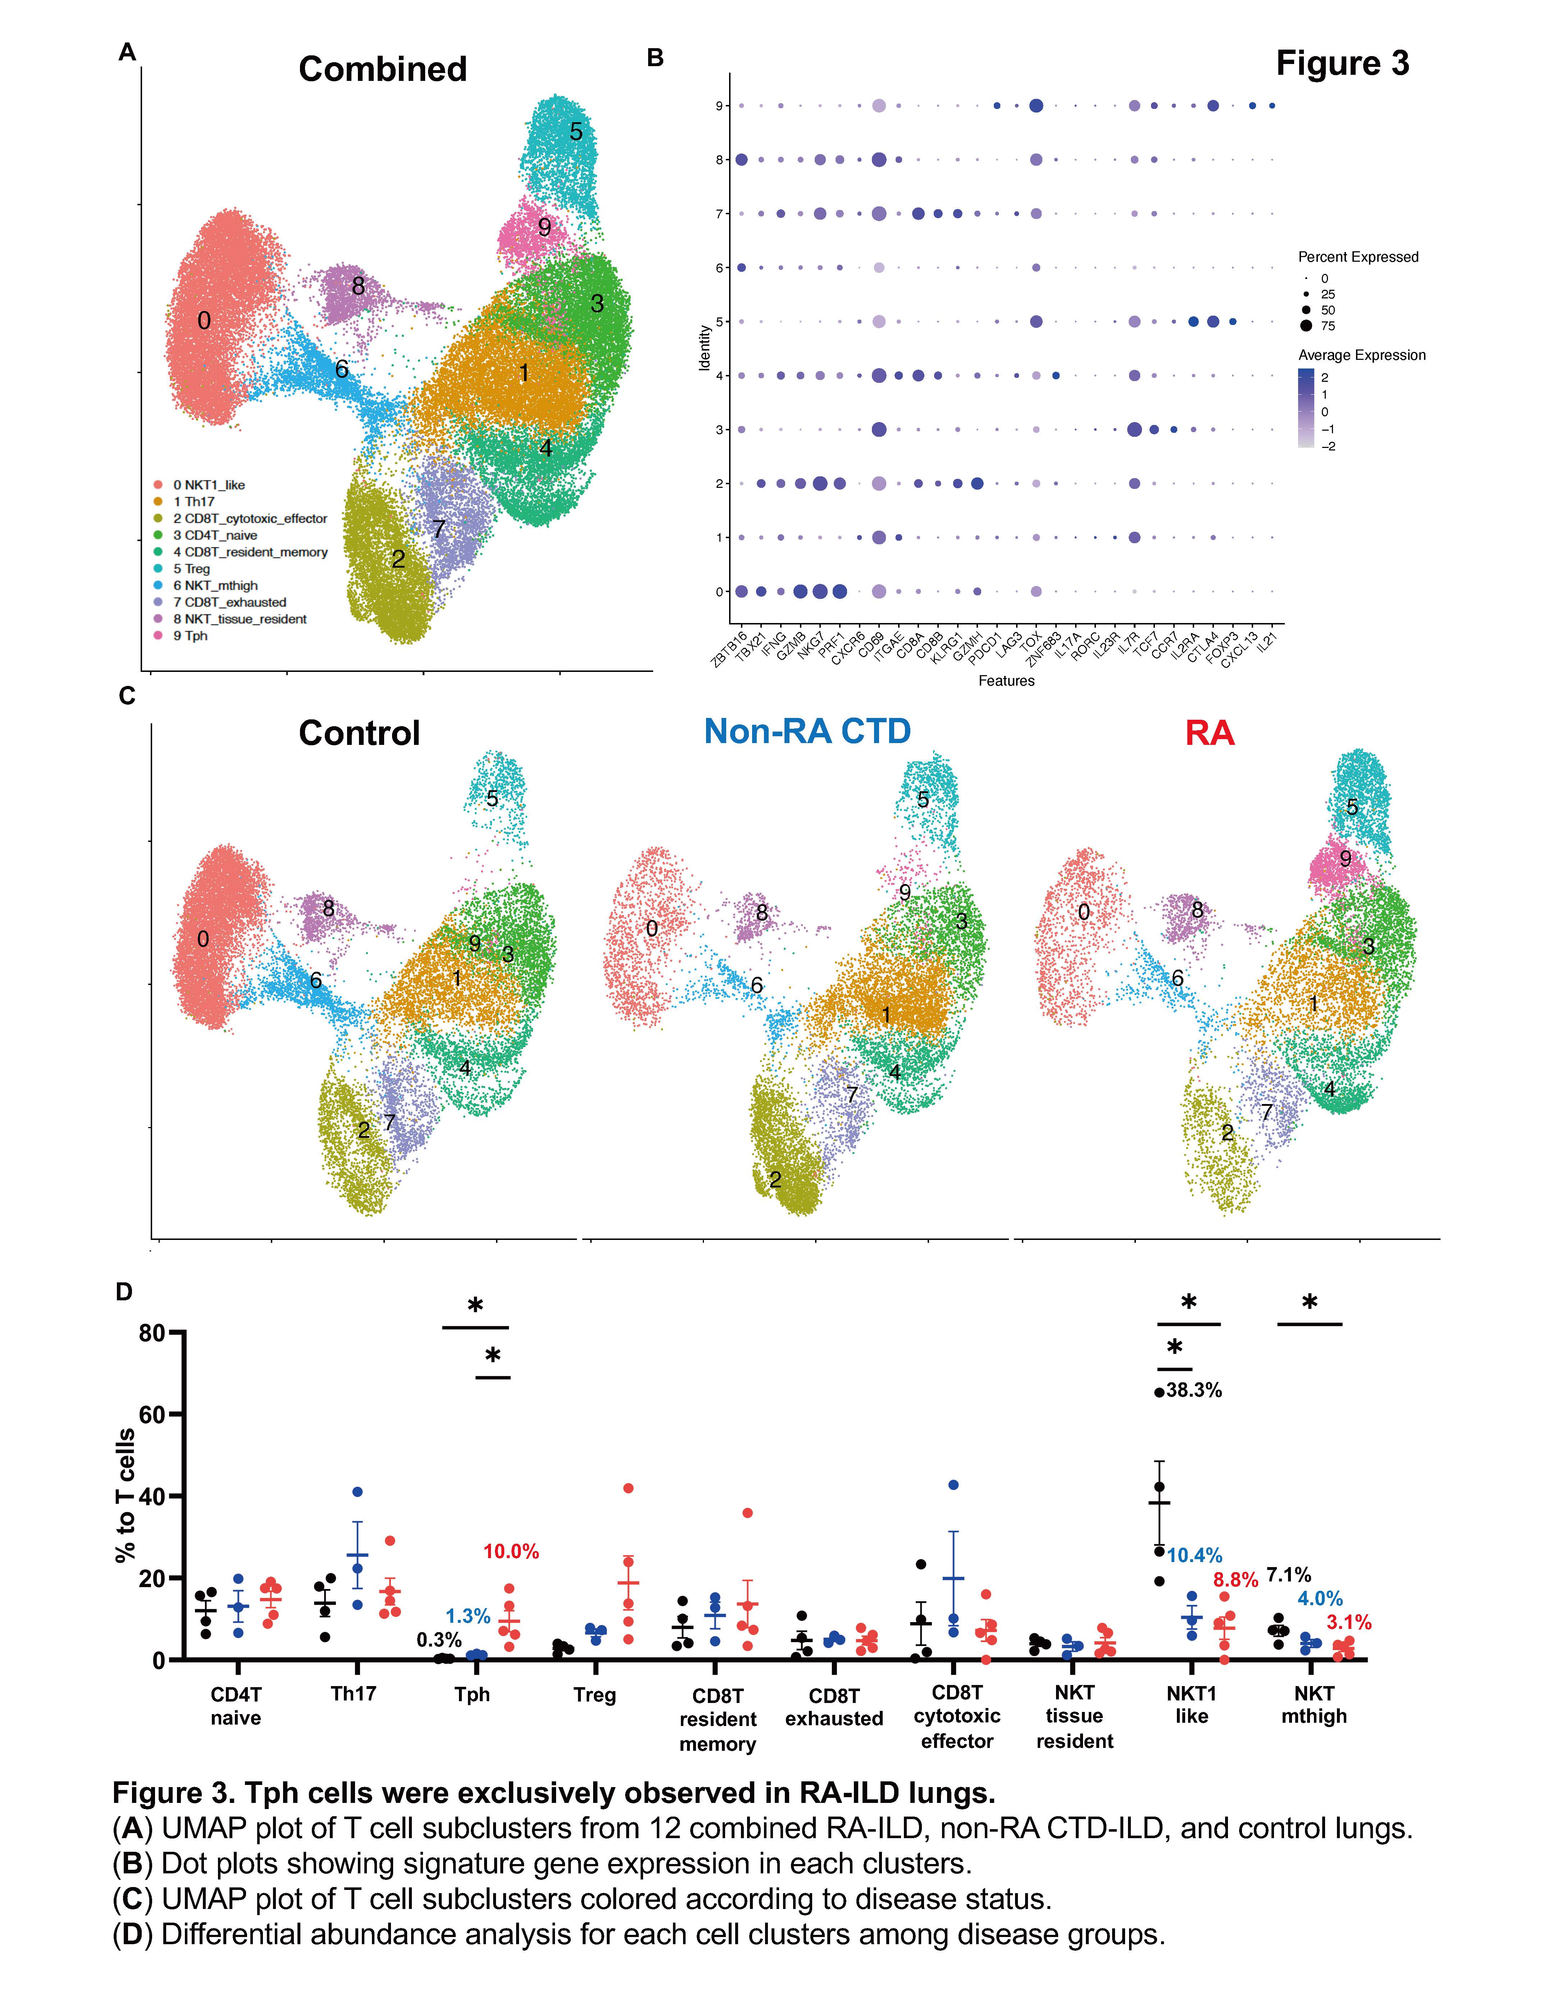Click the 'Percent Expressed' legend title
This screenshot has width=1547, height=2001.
coord(1357,257)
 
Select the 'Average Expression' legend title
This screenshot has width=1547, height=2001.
coord(1361,356)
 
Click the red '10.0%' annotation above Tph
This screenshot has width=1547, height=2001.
coord(510,1551)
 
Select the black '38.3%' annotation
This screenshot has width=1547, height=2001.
coord(1193,1390)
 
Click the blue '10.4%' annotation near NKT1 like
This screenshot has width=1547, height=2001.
coord(1194,1555)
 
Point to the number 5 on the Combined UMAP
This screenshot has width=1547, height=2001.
coord(575,132)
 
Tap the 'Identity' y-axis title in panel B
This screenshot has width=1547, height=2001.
coord(705,348)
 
